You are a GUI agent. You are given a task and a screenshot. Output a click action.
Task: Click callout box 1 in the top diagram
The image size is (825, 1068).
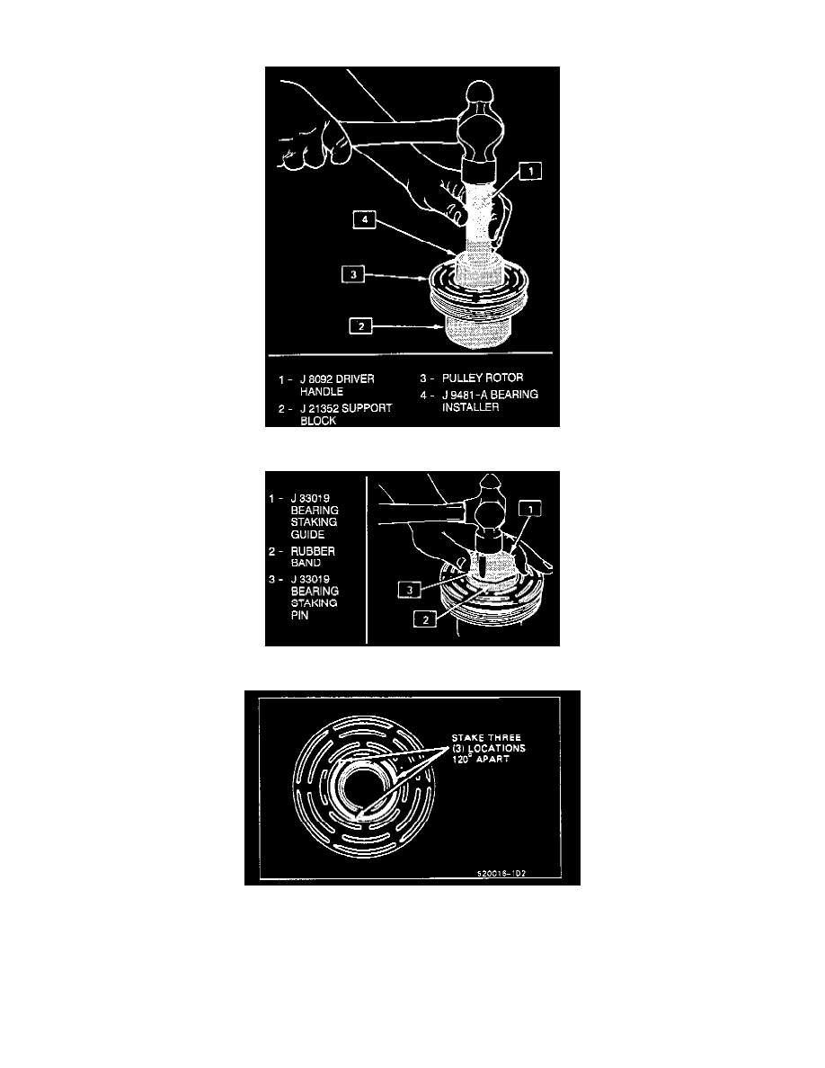530,170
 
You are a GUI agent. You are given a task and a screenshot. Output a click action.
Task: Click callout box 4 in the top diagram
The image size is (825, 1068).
364,219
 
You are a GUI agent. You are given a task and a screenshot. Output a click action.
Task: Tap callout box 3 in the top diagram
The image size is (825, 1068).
352,274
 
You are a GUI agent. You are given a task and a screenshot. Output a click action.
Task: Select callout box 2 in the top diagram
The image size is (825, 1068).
360,325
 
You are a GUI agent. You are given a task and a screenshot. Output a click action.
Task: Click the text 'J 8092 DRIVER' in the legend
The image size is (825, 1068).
337,378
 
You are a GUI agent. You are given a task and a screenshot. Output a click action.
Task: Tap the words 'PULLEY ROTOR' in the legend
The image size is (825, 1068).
483,378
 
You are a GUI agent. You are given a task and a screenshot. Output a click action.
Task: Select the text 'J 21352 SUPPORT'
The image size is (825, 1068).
346,408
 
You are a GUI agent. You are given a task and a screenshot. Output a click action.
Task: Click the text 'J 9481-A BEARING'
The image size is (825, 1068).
490,395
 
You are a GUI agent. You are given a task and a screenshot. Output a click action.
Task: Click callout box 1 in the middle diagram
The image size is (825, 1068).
530,508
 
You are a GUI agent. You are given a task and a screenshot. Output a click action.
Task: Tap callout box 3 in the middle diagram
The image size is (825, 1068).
409,590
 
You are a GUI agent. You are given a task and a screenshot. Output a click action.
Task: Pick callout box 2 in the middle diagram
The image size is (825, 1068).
425,619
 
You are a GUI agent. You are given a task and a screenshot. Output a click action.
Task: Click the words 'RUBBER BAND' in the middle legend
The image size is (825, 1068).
313,556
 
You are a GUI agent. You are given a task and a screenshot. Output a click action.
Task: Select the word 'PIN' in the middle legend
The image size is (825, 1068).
299,615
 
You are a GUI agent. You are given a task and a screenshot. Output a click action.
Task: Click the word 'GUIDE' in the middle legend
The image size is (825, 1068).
307,535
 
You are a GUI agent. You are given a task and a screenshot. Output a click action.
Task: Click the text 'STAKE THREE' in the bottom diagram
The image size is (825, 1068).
486,738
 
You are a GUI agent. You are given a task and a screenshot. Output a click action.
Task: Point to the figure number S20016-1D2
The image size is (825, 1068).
501,873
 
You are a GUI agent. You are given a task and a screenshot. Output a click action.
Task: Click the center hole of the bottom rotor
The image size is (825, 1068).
361,791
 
